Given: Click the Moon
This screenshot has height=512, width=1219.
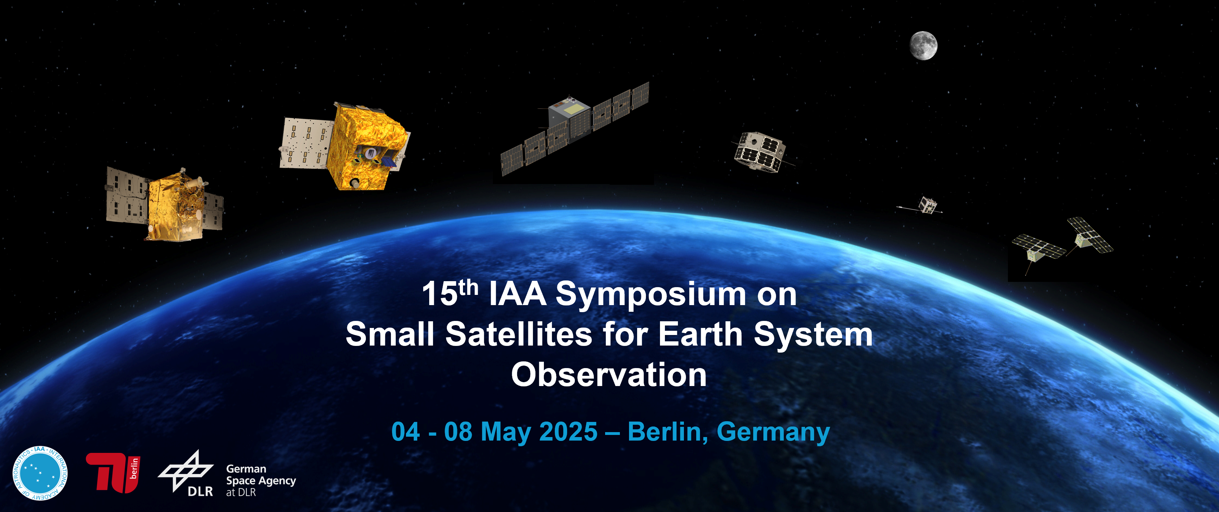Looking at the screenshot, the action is (x=923, y=45).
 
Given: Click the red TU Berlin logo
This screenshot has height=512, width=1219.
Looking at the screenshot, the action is (x=113, y=473).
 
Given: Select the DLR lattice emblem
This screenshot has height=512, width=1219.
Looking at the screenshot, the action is (x=185, y=470).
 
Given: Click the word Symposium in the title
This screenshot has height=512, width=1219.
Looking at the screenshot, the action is (x=651, y=294).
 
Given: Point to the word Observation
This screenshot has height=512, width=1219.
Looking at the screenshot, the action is (x=609, y=374).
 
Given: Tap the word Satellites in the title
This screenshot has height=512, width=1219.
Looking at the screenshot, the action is (x=519, y=334).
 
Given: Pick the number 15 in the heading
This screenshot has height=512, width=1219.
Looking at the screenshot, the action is (x=440, y=294).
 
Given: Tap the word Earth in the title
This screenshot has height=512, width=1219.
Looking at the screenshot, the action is (x=700, y=334).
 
